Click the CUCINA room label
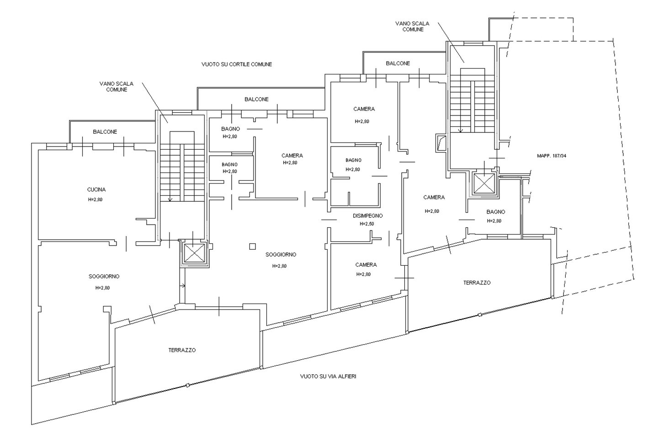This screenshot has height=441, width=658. pos(96,189)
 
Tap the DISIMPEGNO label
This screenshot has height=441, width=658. pos(367,215)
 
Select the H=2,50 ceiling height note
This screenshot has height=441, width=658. pos(367,224)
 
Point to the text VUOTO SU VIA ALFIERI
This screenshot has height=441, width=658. pos(328,377)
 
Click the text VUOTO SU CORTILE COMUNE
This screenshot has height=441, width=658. pos(236,64)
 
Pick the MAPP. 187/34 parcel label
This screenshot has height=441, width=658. pos(552,156)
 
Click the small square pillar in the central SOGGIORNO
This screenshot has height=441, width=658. pos(253,247)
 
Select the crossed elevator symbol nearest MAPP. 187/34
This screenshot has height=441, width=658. pos(484,184)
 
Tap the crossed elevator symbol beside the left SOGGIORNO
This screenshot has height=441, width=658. pos(194,253)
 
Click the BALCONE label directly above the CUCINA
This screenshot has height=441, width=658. pos(105,131)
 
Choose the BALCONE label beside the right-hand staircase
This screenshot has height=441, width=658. pos(398,63)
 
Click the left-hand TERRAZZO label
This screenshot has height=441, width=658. pos(182,350)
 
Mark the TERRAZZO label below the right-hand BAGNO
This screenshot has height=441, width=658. pos(477,283)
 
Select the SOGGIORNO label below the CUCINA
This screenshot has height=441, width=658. pos(104,276)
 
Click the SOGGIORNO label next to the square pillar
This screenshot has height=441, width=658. pos(281,255)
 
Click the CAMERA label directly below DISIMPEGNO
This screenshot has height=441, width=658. pos(366,265)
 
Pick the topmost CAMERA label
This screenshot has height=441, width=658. pos(364,109)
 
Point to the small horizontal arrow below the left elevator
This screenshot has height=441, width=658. pos(183,286)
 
